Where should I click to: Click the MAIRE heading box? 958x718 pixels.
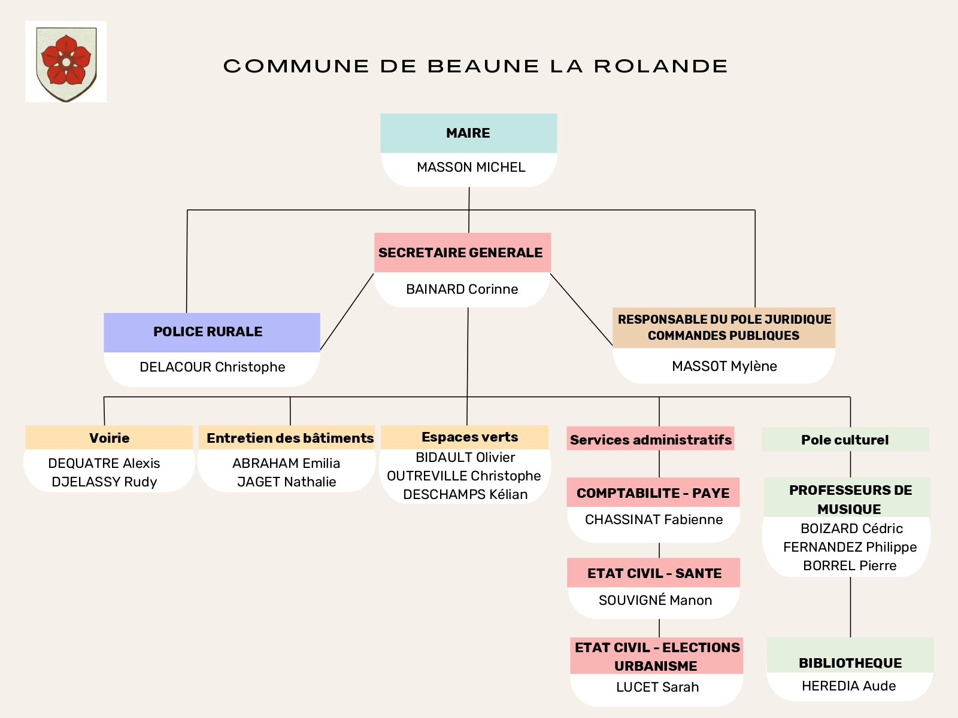coord(468,133)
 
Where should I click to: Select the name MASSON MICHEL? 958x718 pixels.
coord(471,167)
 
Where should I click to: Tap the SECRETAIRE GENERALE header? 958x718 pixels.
coord(462,252)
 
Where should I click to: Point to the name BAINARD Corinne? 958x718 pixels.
coord(462,289)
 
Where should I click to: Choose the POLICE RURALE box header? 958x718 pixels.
coord(212,332)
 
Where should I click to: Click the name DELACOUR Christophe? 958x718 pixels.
coord(212,367)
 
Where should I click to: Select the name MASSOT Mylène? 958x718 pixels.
coord(724,366)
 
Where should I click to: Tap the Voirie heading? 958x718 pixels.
coord(109,438)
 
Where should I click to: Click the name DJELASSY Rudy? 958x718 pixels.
coord(104,482)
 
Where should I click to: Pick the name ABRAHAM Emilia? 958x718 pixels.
coord(286,463)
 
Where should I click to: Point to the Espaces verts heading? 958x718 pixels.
coord(469,437)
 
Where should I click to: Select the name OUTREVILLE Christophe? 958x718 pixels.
coord(463,476)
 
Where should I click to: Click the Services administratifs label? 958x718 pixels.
coord(650,439)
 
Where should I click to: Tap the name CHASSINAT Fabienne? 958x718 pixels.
coord(653,519)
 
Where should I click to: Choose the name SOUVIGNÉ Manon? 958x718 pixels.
coord(655,600)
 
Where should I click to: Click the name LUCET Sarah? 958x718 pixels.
coord(657,687)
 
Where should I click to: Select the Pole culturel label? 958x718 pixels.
coord(844,440)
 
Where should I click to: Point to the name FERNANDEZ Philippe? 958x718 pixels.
coord(850,547)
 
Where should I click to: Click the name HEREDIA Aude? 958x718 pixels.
coord(848,686)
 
